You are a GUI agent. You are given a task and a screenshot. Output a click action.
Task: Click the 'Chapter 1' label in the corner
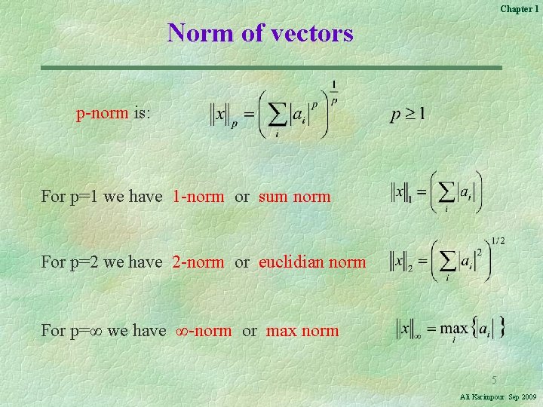pos(519,8)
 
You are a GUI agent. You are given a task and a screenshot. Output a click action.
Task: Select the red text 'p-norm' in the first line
pos(102,114)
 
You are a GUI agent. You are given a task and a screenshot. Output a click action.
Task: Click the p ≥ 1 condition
pos(407,115)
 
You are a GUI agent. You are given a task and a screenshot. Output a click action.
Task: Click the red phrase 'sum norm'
pos(294,197)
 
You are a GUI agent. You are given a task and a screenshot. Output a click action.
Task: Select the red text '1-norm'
pos(198,197)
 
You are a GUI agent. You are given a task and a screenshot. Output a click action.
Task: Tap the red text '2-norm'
pos(198,262)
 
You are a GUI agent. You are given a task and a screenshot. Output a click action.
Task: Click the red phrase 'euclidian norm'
pos(312,262)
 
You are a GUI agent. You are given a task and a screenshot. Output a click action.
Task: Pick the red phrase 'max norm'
pos(302,330)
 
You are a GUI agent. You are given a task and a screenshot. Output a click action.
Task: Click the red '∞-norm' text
pos(204,330)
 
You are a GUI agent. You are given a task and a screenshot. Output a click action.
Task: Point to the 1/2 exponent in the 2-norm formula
pos(498,241)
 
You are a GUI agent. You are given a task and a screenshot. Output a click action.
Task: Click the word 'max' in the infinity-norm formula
pos(454,329)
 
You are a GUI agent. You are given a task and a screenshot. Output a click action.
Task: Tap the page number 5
pos(495,379)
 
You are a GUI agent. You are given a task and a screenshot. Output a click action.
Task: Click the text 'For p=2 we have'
pos(102,262)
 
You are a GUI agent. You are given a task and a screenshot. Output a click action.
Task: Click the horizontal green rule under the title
pos(271,68)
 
